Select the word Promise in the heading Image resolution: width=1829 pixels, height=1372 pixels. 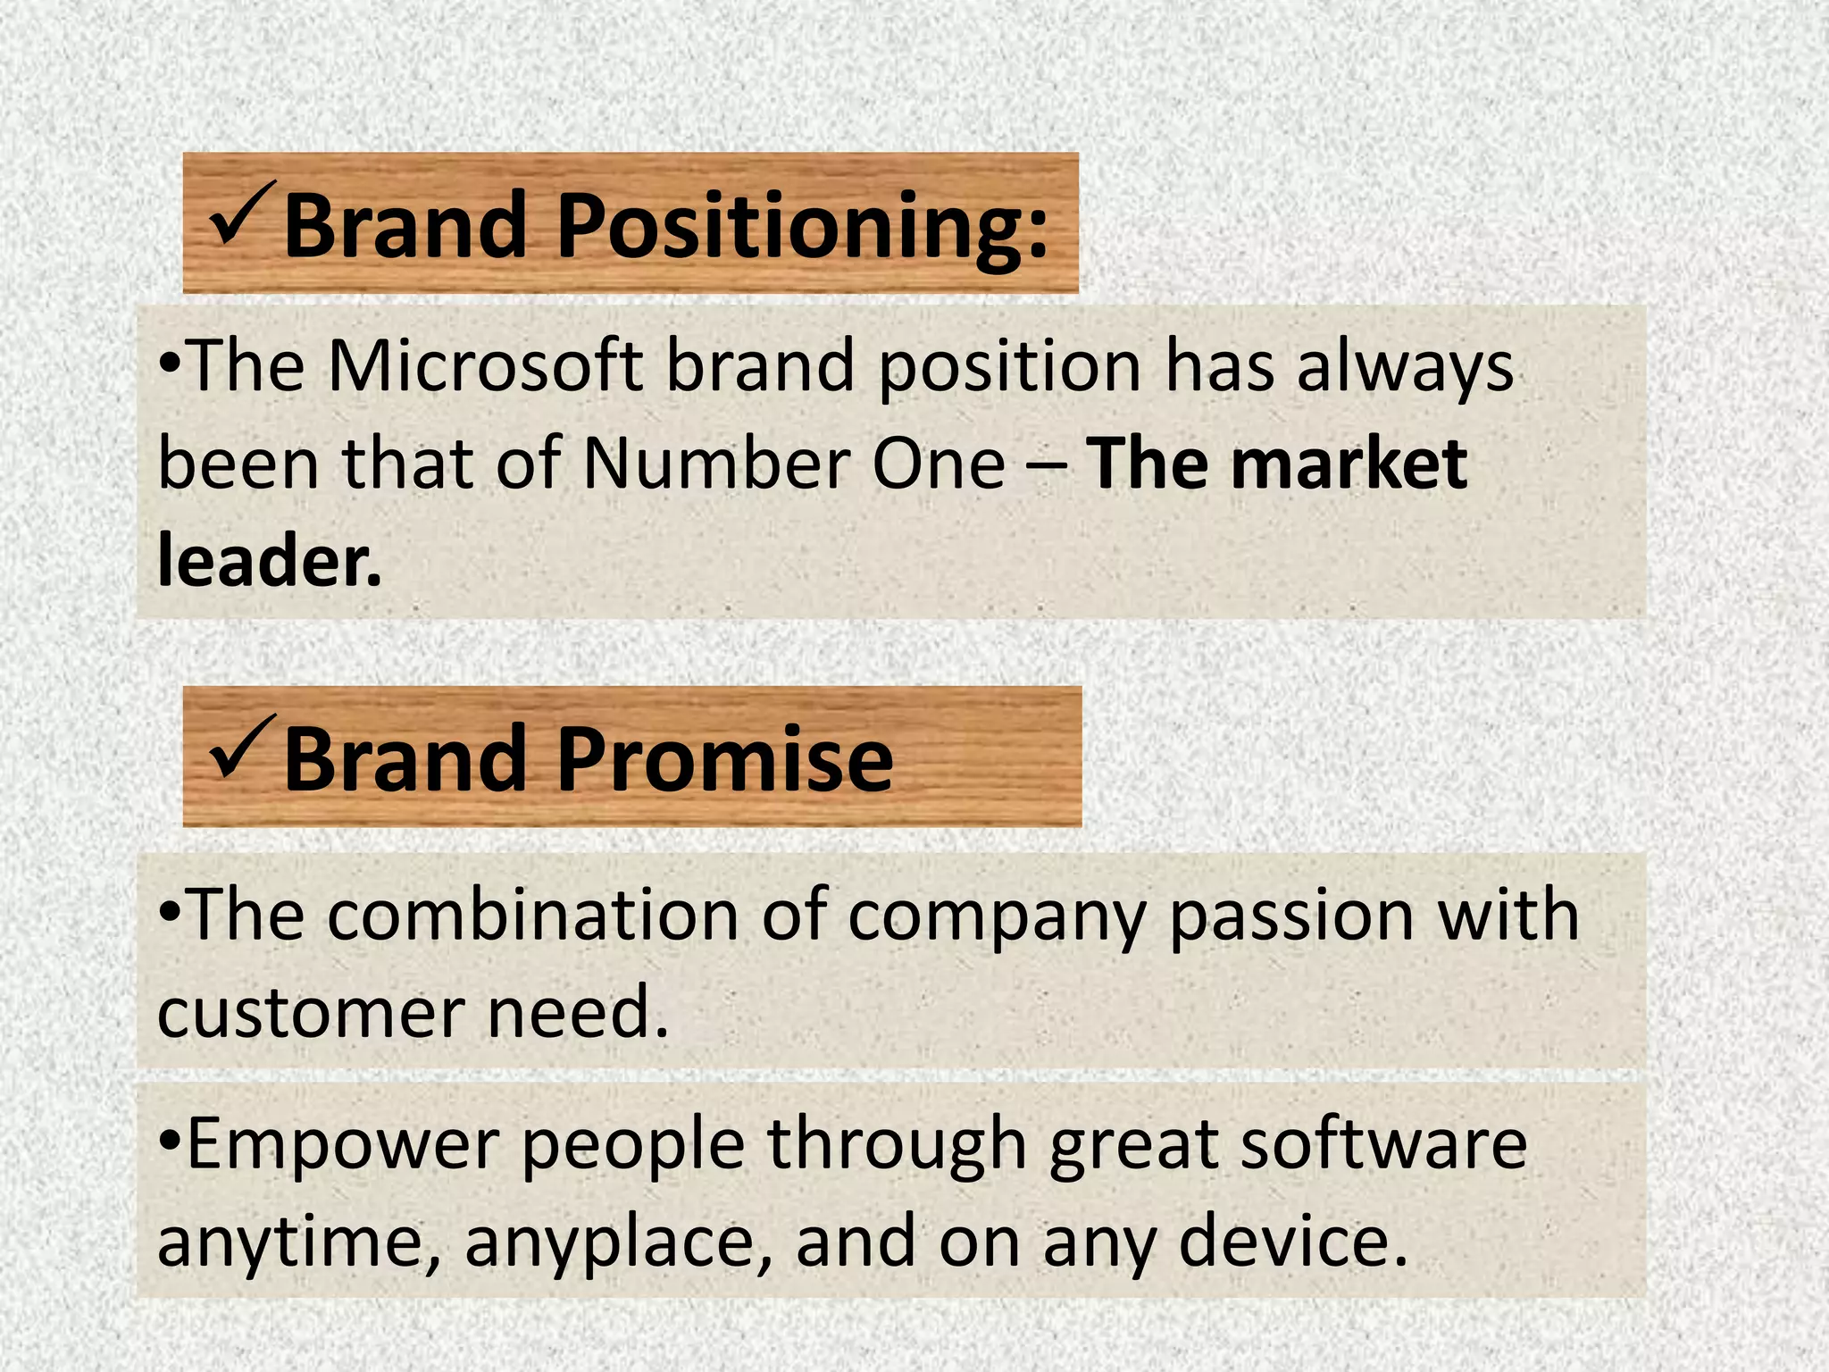[725, 759]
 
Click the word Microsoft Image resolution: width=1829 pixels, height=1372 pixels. [485, 366]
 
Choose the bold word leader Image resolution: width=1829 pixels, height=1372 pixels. [269, 561]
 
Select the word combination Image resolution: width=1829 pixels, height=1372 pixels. [533, 915]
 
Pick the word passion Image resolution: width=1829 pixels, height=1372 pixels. [1291, 916]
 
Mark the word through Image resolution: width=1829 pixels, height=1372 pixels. [897, 1145]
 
